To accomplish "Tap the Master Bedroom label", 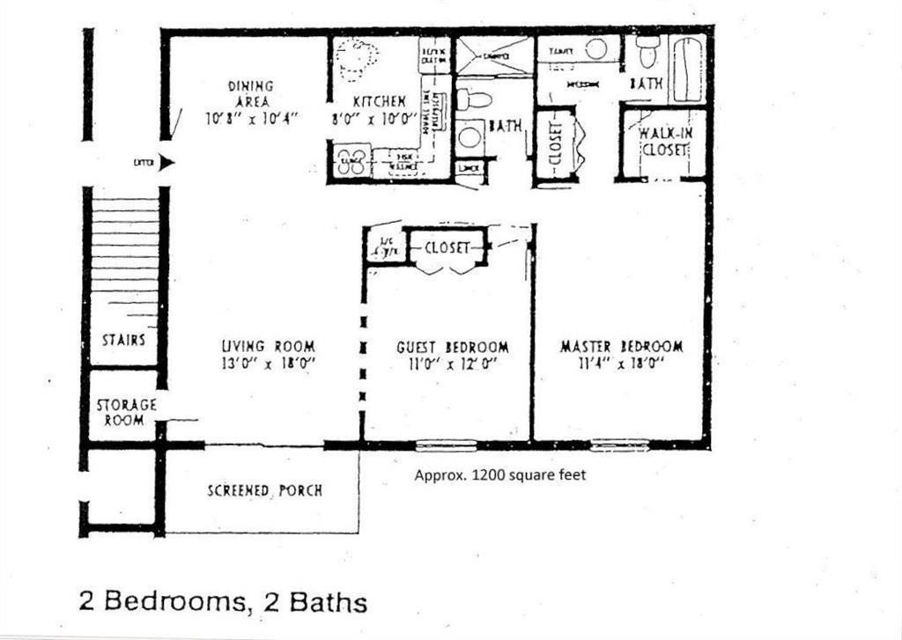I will click(x=621, y=347).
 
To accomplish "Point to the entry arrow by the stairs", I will click(x=167, y=163).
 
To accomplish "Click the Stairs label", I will click(x=123, y=340).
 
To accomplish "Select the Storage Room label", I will click(x=126, y=412).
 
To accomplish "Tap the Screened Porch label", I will click(x=264, y=490).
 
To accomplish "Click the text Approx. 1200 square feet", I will click(x=499, y=474).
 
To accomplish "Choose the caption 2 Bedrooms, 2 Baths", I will click(x=223, y=602).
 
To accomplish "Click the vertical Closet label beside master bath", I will click(x=555, y=143).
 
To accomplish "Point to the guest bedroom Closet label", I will click(x=447, y=248).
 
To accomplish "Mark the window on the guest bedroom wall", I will click(x=446, y=445).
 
